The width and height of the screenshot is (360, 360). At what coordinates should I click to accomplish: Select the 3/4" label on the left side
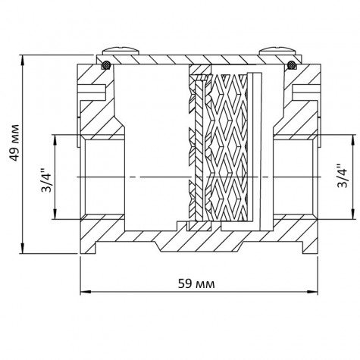tap(45, 177)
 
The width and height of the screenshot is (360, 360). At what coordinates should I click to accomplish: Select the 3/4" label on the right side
tap(343, 177)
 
